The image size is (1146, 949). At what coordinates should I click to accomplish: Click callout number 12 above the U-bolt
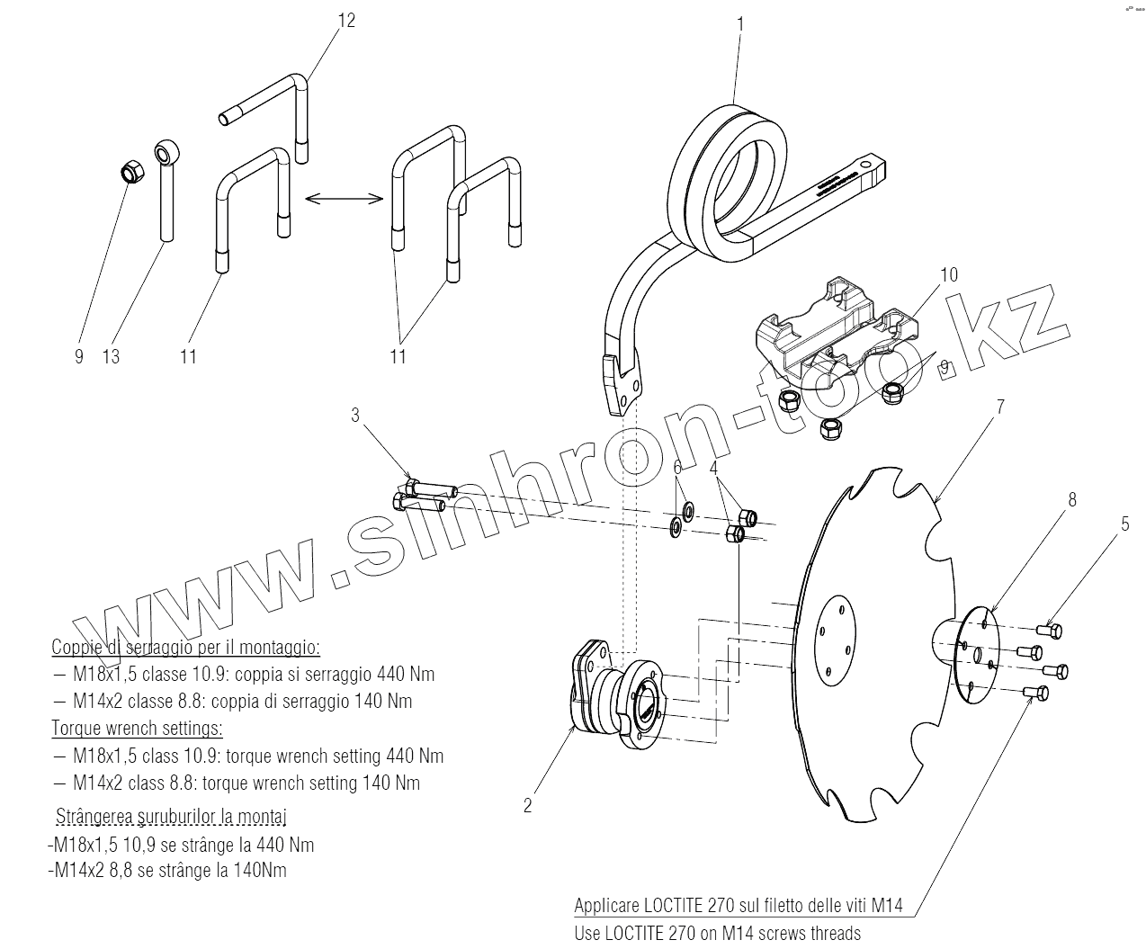tap(346, 20)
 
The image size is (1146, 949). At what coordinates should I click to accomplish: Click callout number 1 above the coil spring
tap(740, 24)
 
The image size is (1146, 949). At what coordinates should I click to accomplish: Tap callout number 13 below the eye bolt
tap(111, 357)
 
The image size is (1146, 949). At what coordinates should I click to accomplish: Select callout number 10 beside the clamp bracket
tap(949, 274)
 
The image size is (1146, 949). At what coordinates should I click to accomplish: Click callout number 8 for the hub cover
tap(1071, 499)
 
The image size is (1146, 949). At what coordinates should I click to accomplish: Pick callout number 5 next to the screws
tap(1124, 523)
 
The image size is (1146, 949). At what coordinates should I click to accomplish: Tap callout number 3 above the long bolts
tap(355, 415)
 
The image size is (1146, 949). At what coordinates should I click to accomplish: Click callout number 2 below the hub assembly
tap(528, 805)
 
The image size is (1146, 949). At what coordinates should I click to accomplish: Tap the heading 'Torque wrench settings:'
tap(138, 728)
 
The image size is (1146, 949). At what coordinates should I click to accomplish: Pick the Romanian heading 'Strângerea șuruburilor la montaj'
tap(172, 817)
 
